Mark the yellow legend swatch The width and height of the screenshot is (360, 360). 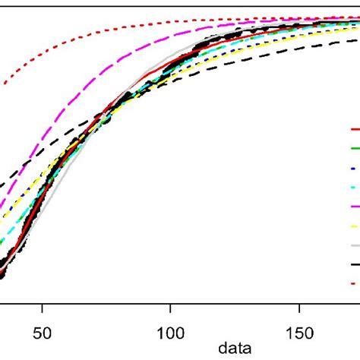(x=355, y=226)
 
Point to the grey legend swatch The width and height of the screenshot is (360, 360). (x=355, y=245)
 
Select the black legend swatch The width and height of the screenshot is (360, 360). (x=355, y=264)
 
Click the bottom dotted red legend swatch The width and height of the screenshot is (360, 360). (x=355, y=284)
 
